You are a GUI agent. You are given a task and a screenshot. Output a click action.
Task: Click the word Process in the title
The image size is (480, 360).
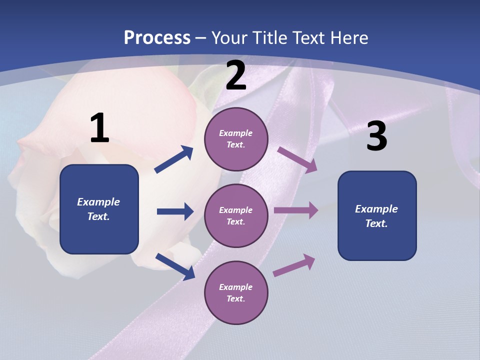tap(157, 38)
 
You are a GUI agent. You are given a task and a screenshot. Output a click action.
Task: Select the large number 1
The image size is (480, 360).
tap(99, 128)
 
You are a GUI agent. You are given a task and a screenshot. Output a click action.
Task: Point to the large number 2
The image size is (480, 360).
tap(236, 76)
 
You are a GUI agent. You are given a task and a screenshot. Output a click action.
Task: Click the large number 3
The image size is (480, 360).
tap(376, 136)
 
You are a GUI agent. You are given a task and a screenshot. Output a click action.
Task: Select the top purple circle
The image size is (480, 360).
tap(236, 139)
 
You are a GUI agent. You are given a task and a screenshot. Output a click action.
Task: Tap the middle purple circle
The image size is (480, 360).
tap(236, 216)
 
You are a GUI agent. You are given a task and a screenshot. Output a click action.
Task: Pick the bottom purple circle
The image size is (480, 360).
tap(236, 293)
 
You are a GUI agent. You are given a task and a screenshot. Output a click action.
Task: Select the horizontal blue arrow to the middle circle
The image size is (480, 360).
tap(175, 211)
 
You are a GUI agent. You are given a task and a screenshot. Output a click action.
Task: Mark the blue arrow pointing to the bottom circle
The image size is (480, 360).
tap(175, 266)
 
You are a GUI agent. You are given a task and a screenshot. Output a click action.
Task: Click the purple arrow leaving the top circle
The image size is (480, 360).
tap(297, 160)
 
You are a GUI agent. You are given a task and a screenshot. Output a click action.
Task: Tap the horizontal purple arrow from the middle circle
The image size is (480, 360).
tap(296, 210)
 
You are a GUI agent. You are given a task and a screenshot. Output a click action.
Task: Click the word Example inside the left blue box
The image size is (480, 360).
tap(98, 202)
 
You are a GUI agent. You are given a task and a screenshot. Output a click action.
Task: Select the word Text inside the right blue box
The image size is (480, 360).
tap(376, 223)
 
